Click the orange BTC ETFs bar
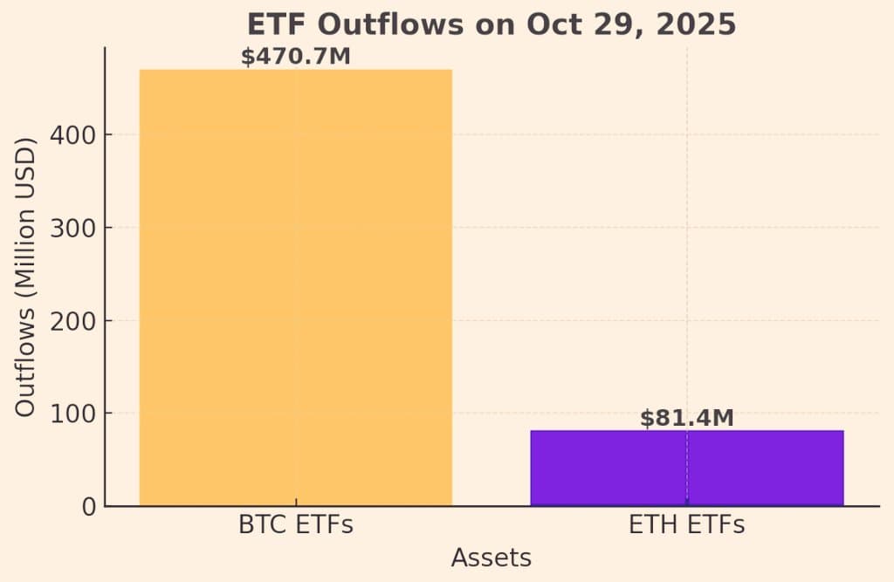[295, 288]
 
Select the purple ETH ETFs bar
[686, 468]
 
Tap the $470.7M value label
[295, 58]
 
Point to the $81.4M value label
[686, 418]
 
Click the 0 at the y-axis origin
[88, 506]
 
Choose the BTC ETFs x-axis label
[295, 526]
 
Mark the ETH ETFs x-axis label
[686, 526]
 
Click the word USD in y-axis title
[27, 175]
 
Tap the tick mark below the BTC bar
[295, 503]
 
